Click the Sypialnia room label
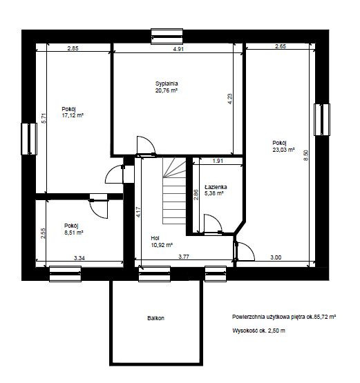pyautogui.click(x=167, y=84)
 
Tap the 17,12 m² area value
pyautogui.click(x=73, y=115)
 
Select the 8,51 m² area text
pyautogui.click(x=74, y=233)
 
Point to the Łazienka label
pyautogui.click(x=216, y=187)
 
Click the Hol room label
pyautogui.click(x=155, y=238)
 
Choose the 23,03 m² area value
pyautogui.click(x=283, y=150)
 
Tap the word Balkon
pyautogui.click(x=155, y=318)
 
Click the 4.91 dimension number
pyautogui.click(x=178, y=49)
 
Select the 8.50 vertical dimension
pyautogui.click(x=305, y=155)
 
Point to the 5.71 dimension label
pyautogui.click(x=44, y=118)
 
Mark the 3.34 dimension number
pyautogui.click(x=79, y=257)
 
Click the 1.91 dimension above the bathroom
pyautogui.click(x=218, y=161)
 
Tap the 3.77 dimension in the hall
pyautogui.click(x=184, y=257)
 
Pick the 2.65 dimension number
pyautogui.click(x=281, y=46)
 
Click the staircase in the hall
pyautogui.click(x=174, y=190)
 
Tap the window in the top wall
pyautogui.click(x=167, y=37)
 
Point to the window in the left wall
pyautogui.click(x=29, y=139)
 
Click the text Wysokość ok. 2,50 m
pyautogui.click(x=258, y=331)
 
